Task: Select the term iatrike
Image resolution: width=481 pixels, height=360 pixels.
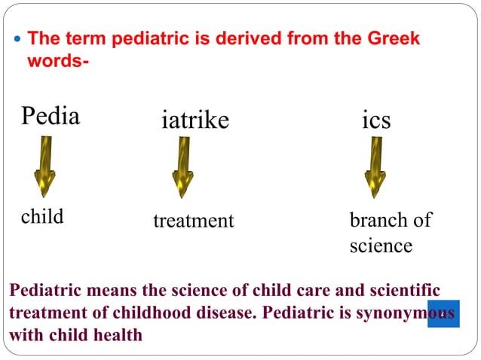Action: (195, 120)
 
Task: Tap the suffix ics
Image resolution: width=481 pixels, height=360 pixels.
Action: (376, 120)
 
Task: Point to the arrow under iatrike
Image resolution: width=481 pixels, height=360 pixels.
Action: (182, 166)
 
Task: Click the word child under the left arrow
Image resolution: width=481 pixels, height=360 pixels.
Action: (42, 217)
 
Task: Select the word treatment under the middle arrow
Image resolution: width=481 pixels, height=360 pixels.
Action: (194, 221)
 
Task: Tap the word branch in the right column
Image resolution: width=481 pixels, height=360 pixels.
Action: (378, 220)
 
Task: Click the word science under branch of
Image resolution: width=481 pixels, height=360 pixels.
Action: (381, 246)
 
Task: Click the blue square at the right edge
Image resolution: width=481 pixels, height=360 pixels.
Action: (443, 313)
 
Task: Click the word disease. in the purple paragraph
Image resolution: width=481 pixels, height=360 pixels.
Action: (215, 313)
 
